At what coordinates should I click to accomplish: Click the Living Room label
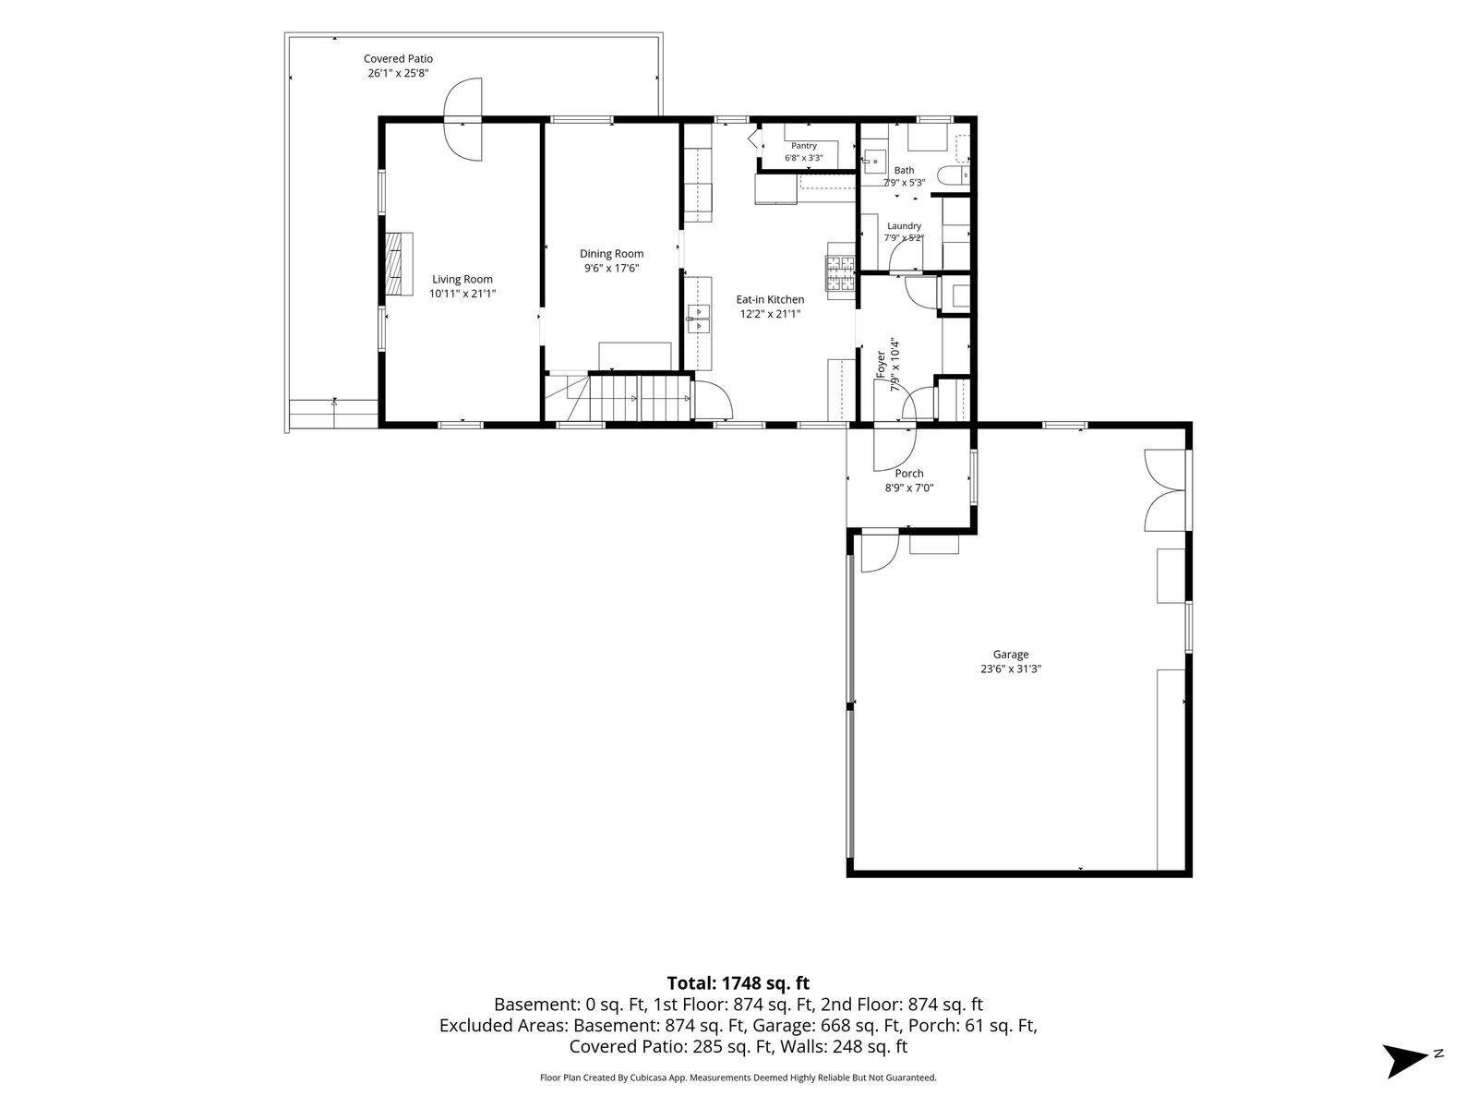coord(462,279)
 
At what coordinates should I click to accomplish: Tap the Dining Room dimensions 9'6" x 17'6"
coord(611,269)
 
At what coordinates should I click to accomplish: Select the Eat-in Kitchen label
coord(770,299)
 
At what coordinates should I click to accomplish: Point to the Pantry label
coord(803,146)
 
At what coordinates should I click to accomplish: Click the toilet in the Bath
coord(955,175)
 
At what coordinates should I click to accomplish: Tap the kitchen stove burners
coord(840,272)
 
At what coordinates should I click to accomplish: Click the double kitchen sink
coord(699,319)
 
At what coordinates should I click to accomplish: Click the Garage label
coord(1011,654)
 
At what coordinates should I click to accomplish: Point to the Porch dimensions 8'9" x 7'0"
coord(908,488)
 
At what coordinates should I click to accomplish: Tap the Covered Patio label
coord(399,58)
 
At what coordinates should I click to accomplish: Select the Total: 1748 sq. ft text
coord(738,982)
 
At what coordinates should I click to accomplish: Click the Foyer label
coord(881,365)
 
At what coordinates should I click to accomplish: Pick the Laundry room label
coord(904,226)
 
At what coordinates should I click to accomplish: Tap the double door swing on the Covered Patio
coord(463,120)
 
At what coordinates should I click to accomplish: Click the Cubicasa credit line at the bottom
coord(738,1077)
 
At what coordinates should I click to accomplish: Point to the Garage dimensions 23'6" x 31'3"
coord(1011,668)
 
